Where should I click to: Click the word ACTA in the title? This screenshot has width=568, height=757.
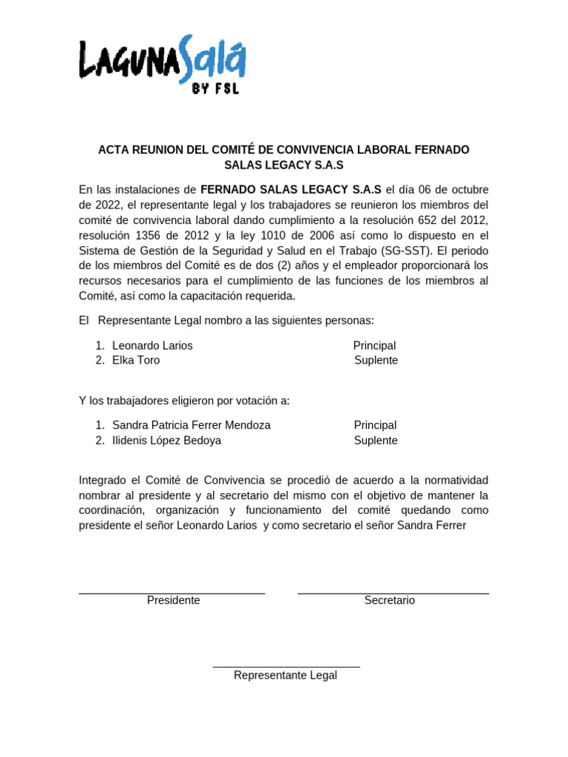click(x=115, y=149)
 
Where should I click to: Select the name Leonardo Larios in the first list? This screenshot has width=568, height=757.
click(x=152, y=345)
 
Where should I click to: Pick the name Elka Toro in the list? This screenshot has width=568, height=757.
click(x=136, y=360)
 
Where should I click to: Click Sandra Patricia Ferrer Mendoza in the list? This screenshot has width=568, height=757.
click(x=192, y=425)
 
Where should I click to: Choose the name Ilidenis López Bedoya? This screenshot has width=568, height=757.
click(x=166, y=441)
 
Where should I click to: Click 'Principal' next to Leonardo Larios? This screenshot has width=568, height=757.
click(x=374, y=345)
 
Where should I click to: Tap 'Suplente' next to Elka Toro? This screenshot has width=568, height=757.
click(x=376, y=360)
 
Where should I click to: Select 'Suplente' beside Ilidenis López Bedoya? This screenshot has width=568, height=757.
click(x=376, y=441)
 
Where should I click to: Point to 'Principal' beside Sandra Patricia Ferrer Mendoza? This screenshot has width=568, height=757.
click(x=375, y=425)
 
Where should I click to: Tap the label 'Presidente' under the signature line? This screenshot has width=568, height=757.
click(x=173, y=600)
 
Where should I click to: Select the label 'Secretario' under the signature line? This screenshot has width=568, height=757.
click(x=390, y=600)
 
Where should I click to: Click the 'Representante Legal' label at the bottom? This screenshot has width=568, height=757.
click(x=285, y=675)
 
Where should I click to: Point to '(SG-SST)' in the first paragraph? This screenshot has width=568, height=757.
click(x=406, y=251)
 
